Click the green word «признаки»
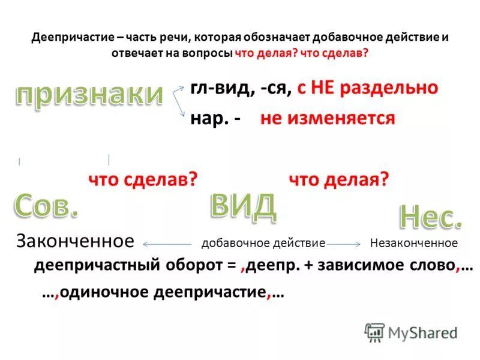tap(88, 95)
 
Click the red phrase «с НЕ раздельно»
tap(367, 88)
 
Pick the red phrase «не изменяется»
tap(328, 118)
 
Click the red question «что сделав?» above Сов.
tap(143, 179)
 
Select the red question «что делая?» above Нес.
tap(340, 179)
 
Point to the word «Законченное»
tap(74, 242)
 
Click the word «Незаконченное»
tap(413, 243)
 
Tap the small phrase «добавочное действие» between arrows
tap(263, 244)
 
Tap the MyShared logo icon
tap(374, 332)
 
